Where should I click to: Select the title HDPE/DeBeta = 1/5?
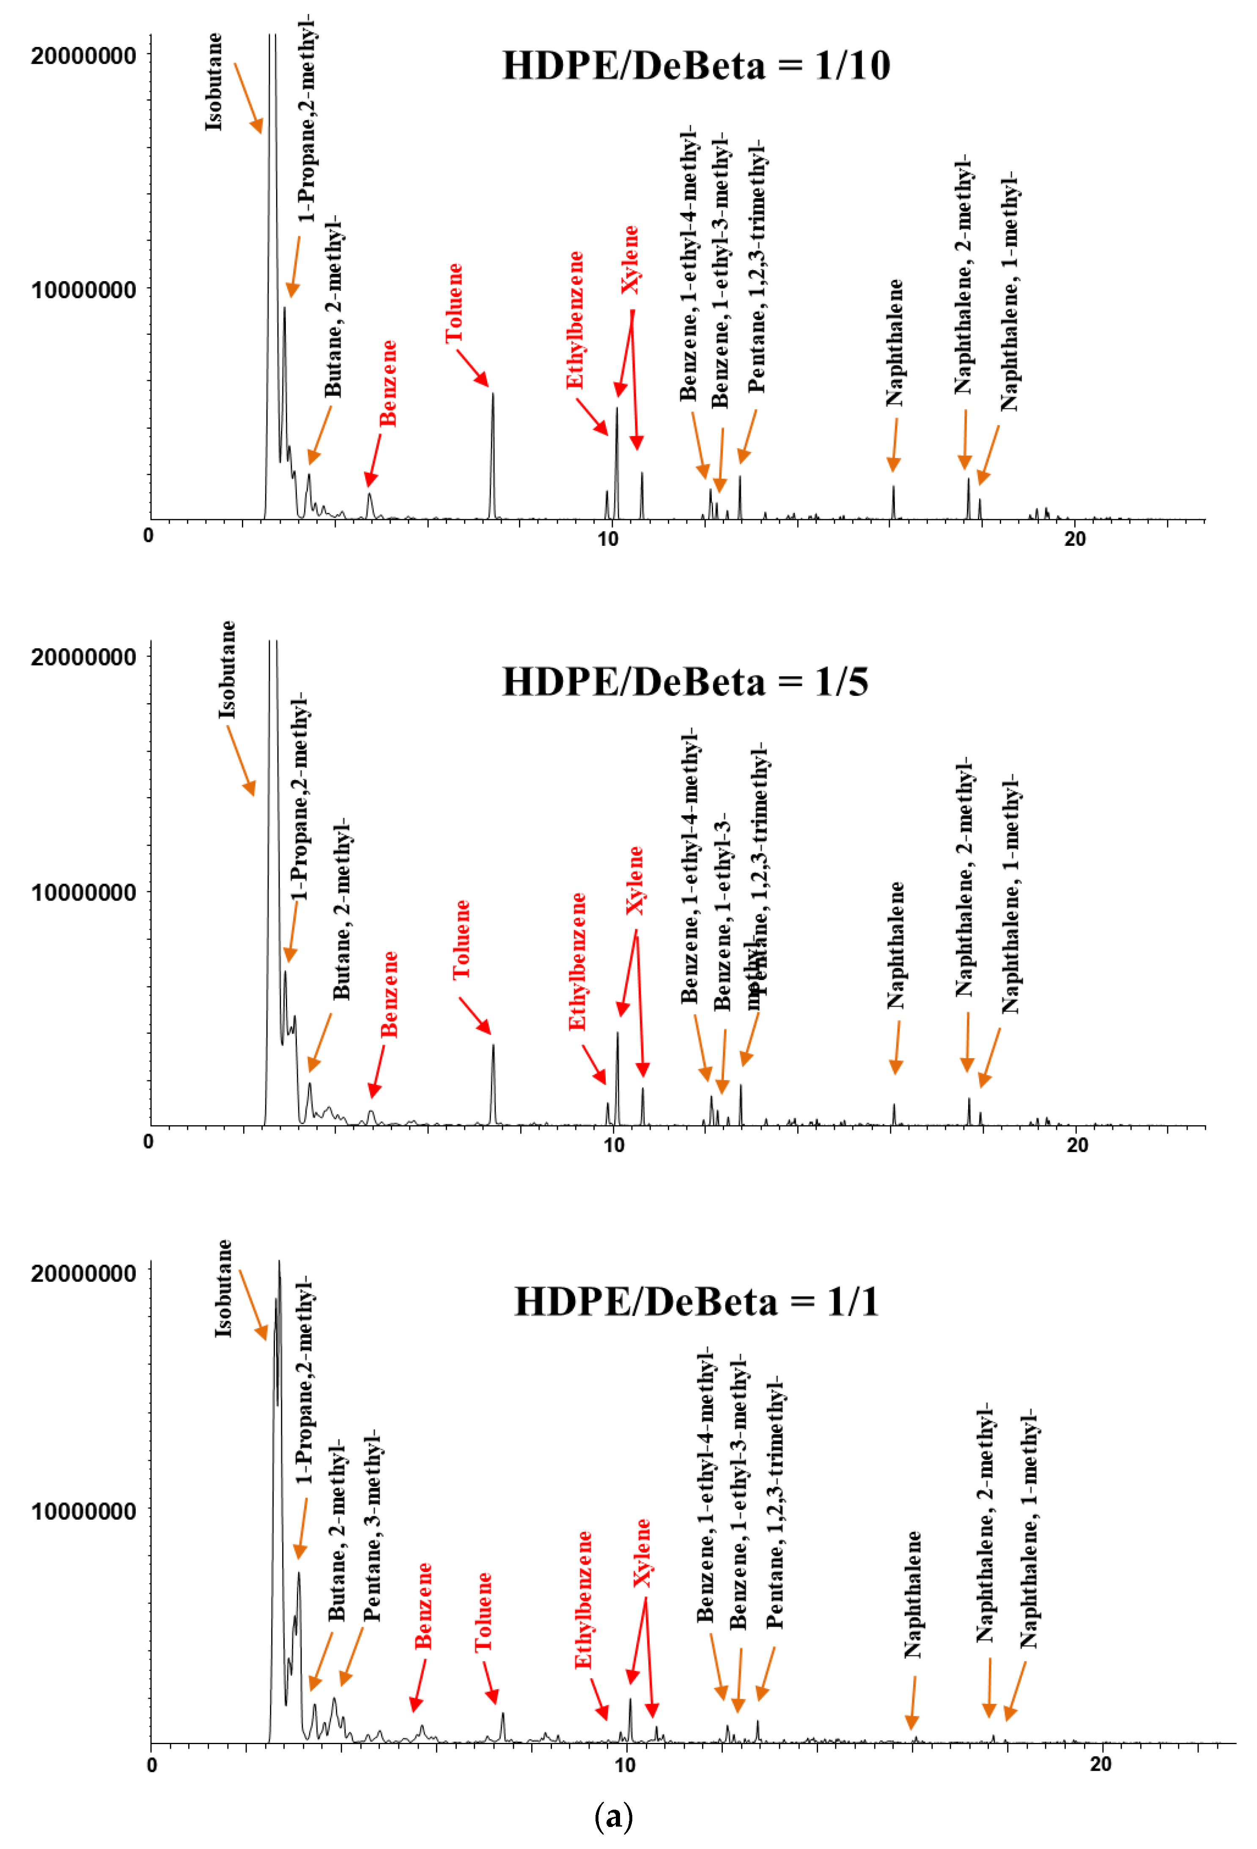tap(685, 682)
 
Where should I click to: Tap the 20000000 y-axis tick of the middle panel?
tap(83, 657)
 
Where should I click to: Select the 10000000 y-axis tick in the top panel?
tap(83, 290)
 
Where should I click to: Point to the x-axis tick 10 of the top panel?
tap(607, 539)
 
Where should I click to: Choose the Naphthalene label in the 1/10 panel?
tap(895, 342)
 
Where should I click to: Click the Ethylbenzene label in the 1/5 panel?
tap(577, 961)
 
